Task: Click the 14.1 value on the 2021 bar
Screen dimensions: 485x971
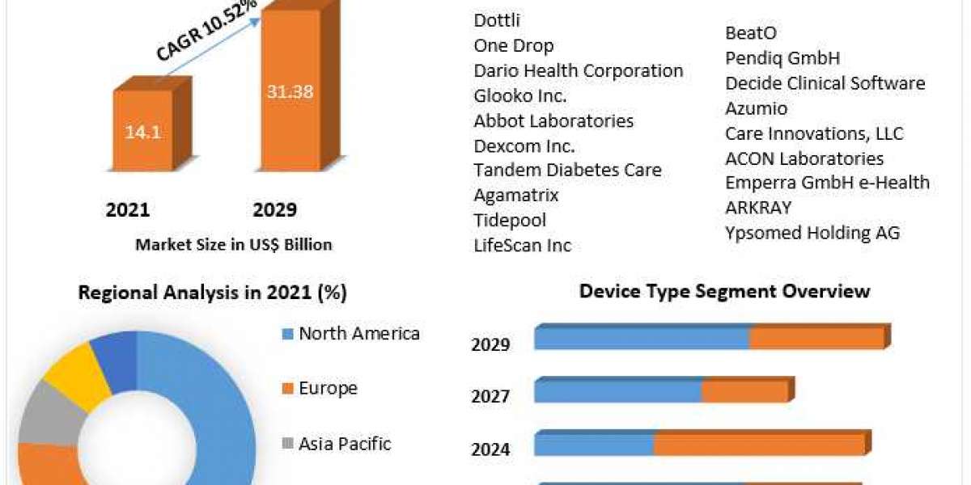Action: (x=142, y=132)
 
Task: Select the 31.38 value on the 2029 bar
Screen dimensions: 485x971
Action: (x=290, y=91)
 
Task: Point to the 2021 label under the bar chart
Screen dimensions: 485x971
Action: (x=128, y=210)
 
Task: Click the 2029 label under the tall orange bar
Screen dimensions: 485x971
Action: (x=274, y=210)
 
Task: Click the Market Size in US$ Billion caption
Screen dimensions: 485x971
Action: (x=234, y=244)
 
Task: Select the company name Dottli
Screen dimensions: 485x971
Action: (x=497, y=20)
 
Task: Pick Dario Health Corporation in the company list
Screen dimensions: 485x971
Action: (x=578, y=70)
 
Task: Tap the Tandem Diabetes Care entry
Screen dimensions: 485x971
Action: (x=567, y=170)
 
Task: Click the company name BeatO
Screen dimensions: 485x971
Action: (x=751, y=33)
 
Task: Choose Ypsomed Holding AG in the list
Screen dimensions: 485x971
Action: (x=812, y=233)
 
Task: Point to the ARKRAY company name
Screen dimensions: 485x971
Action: (x=758, y=208)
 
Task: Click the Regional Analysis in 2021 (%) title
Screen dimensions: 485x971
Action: (x=212, y=293)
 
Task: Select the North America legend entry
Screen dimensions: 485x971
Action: (x=358, y=333)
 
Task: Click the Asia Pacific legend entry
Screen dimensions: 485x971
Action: (x=344, y=443)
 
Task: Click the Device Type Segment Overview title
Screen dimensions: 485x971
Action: (x=724, y=291)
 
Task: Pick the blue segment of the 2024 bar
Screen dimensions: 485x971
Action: (x=594, y=444)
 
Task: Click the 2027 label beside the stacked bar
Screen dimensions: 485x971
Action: (x=490, y=396)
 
